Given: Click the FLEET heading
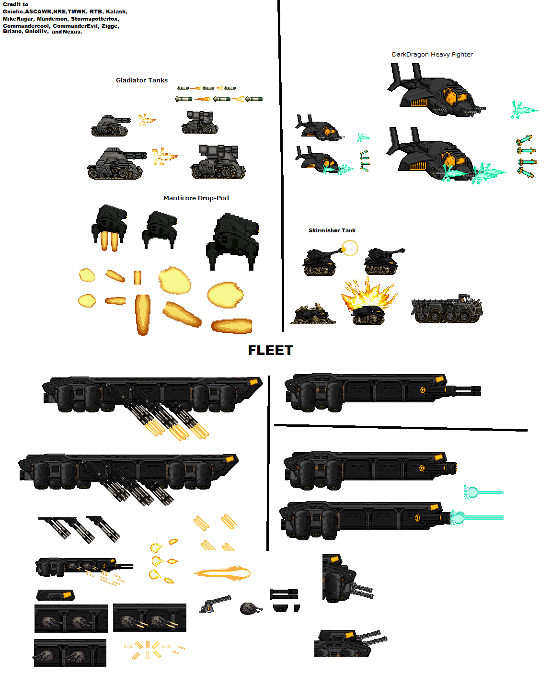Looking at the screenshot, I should pos(270,350).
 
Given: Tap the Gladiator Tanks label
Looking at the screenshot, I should pos(141,80).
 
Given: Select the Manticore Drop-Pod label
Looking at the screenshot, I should pos(196,198).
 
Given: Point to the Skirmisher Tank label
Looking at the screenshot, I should pos(332,230).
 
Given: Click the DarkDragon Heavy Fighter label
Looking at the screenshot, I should pos(432,54).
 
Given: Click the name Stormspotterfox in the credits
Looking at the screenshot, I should pos(94,19).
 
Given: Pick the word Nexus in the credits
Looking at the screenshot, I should pos(72,32).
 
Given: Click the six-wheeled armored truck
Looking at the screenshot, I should pos(446,309).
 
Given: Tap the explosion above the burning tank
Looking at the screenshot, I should pos(368,293).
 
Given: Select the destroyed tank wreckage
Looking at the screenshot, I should pos(312,314).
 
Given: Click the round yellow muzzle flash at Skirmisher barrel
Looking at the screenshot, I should pos(350,248).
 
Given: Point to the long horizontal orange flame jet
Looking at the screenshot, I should pos(222,573).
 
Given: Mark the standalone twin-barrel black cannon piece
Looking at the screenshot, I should pos(284,594).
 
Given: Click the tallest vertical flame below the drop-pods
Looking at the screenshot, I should pos(142,314).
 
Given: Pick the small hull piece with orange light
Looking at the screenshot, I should pos(56,595).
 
